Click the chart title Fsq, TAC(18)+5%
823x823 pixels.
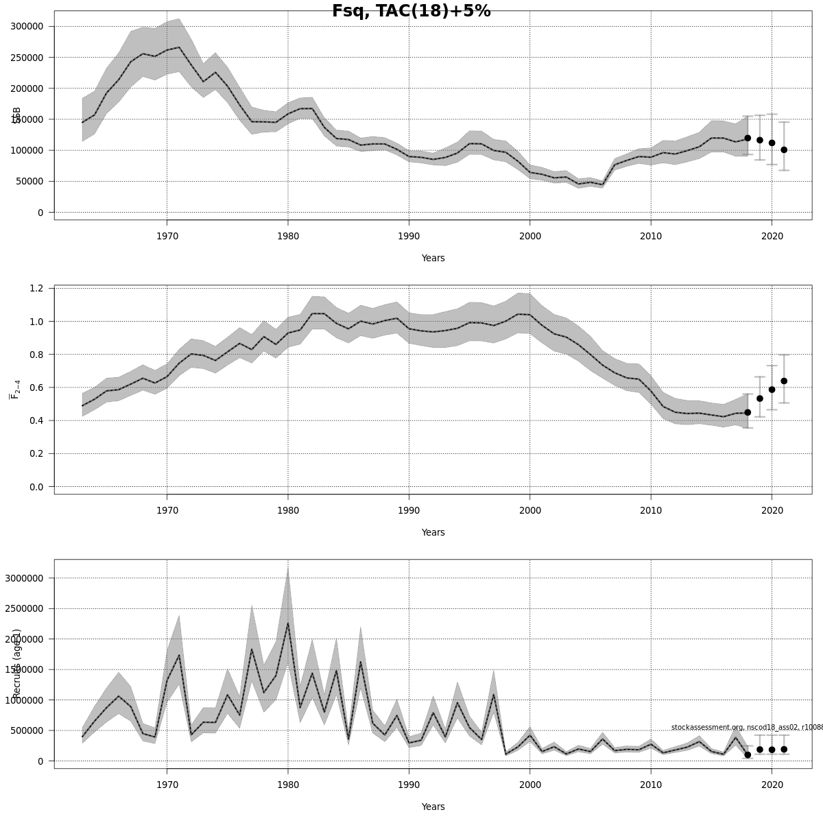click(x=411, y=11)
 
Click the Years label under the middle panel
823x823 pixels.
click(x=433, y=532)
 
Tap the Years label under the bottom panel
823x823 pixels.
click(x=433, y=807)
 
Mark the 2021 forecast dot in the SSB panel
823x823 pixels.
click(x=784, y=150)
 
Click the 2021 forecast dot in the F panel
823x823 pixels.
click(x=784, y=381)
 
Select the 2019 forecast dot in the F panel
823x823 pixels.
click(x=759, y=398)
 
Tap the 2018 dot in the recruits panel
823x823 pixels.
click(x=748, y=754)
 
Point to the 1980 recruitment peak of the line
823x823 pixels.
click(x=288, y=623)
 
